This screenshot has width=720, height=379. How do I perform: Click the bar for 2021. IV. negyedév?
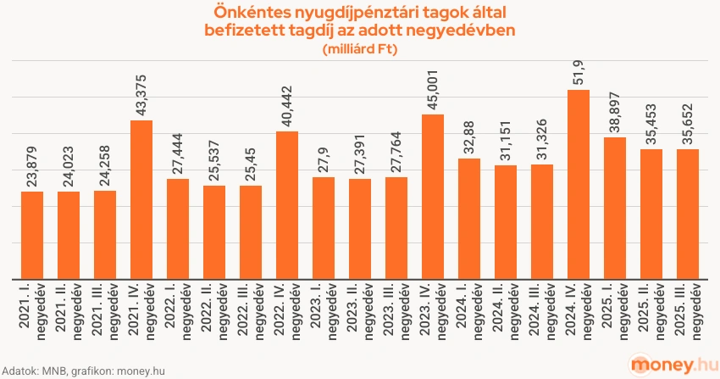click(141, 199)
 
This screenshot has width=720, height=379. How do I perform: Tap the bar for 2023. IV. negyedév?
click(433, 196)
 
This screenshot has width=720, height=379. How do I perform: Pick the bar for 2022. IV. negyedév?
click(287, 204)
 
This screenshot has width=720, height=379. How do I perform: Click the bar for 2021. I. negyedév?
click(32, 235)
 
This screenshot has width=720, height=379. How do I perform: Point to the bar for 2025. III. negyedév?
click(688, 214)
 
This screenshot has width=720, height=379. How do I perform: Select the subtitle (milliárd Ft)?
click(360, 49)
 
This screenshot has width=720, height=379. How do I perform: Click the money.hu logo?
click(667, 363)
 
